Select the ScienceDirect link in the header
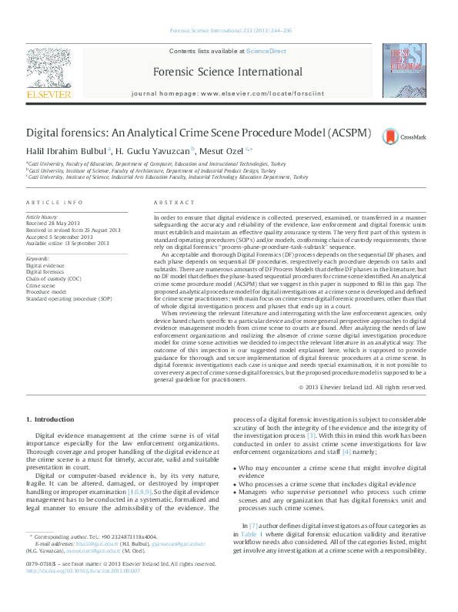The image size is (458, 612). [x=266, y=51]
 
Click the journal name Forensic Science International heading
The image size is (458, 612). [x=228, y=72]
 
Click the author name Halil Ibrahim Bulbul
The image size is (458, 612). [x=66, y=151]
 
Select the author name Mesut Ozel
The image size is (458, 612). [x=223, y=151]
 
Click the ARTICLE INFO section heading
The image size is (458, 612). [x=55, y=202]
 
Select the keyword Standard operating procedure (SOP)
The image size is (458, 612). [x=69, y=298]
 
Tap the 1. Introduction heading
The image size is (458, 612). [x=51, y=419]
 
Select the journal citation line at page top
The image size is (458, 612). [x=228, y=32]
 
